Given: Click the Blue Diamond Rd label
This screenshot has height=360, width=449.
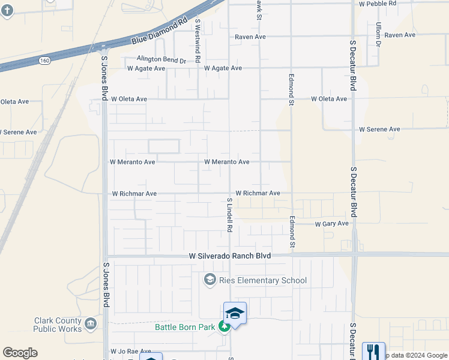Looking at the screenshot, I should (155, 34).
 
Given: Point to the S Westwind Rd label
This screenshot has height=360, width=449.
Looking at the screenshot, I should (197, 40).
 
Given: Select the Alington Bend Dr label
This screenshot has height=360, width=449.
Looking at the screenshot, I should (161, 60).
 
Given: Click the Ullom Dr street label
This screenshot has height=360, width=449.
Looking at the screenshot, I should (379, 35).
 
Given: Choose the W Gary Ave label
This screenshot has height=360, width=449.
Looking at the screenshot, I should (332, 224).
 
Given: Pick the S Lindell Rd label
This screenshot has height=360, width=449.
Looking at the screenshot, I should (229, 215).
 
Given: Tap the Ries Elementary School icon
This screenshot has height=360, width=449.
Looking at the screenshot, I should (210, 280).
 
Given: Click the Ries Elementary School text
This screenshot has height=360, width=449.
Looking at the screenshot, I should (264, 280).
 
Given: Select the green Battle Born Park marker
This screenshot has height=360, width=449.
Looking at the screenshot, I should (224, 327).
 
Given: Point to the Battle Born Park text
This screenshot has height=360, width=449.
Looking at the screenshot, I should (185, 327).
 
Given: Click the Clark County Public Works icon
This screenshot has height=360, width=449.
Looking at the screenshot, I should (91, 325).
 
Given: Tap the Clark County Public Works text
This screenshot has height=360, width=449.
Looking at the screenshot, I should (58, 325).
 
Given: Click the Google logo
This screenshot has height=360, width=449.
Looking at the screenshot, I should (20, 353).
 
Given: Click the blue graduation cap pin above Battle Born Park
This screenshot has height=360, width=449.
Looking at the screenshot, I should (235, 313).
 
